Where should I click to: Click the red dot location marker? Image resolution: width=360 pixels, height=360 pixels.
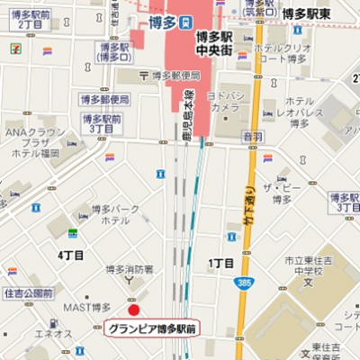(134, 310)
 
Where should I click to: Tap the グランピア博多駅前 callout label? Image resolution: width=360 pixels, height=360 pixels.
(150, 329)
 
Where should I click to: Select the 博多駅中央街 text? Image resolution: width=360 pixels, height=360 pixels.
(213, 44)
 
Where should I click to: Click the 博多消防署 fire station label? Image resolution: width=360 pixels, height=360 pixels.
(130, 269)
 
